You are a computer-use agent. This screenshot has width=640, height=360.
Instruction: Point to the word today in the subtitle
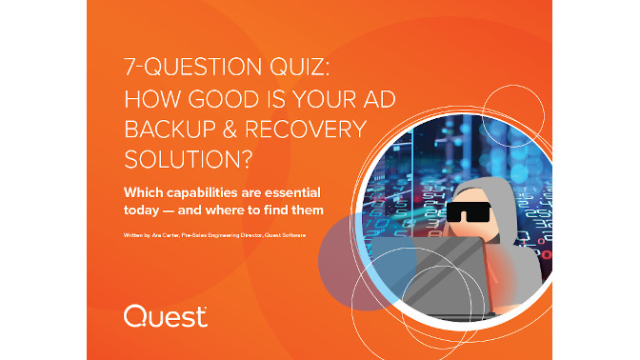144,209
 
